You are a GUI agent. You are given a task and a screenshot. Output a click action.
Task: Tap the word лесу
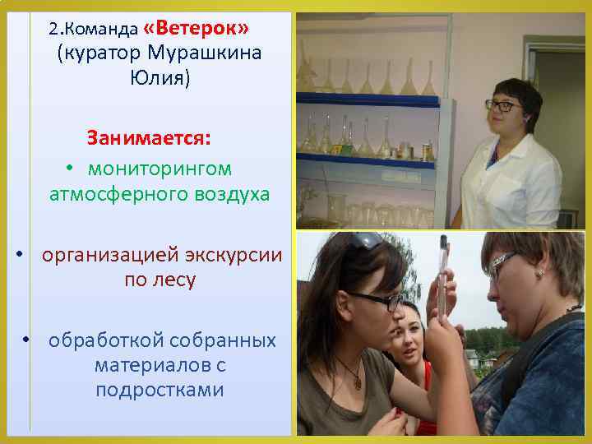coord(171,280)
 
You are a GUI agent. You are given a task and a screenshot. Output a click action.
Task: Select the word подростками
coord(160,389)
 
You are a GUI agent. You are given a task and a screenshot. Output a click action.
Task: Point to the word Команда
coord(104,30)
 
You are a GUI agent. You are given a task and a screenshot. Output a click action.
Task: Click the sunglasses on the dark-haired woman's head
coord(367,240)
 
